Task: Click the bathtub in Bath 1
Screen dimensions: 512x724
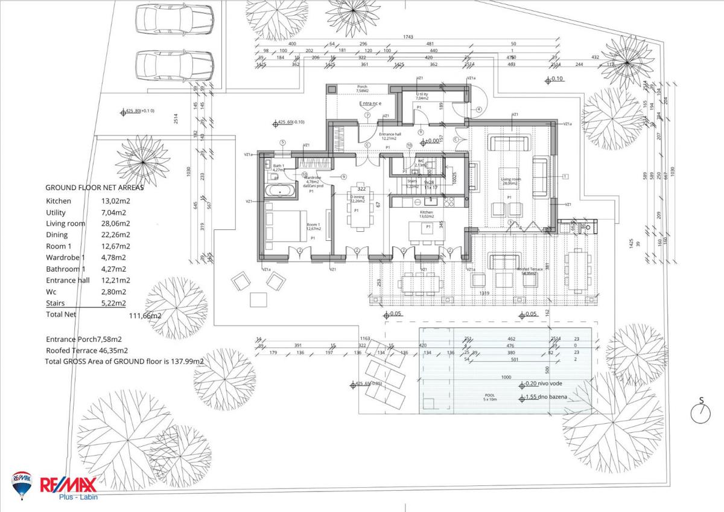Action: tap(281, 190)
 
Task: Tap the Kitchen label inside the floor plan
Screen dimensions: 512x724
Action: tap(427, 213)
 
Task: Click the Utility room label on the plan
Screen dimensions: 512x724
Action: tap(422, 95)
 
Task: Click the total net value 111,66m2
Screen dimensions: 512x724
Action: tap(145, 315)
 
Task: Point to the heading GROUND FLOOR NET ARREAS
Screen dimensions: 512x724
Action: tap(95, 187)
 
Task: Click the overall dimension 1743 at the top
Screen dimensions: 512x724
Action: tap(408, 37)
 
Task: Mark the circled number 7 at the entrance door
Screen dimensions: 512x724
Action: tap(366, 115)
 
